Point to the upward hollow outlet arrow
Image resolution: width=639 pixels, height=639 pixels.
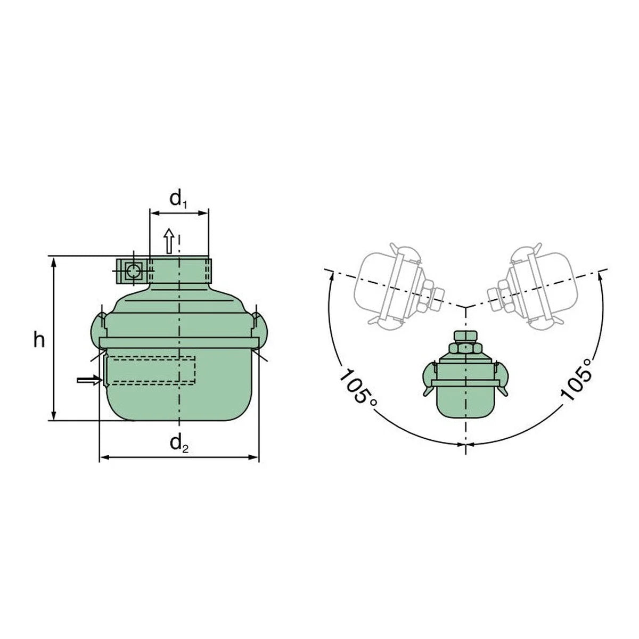click(169, 241)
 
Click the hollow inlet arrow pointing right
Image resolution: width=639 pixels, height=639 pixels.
click(89, 380)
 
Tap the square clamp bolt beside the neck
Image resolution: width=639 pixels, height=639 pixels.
click(133, 271)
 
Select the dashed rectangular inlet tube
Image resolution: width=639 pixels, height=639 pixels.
click(150, 371)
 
